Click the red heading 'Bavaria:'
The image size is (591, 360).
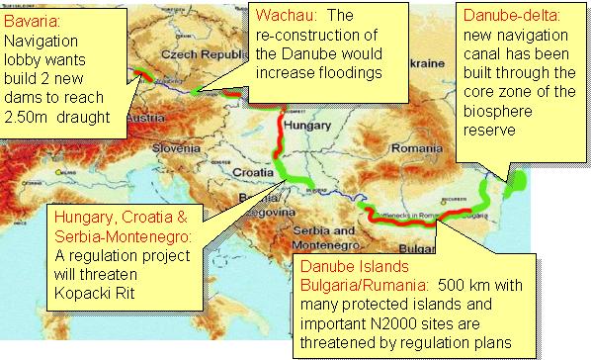(33, 19)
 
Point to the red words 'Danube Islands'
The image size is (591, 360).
(348, 267)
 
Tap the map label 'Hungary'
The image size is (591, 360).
(302, 128)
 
